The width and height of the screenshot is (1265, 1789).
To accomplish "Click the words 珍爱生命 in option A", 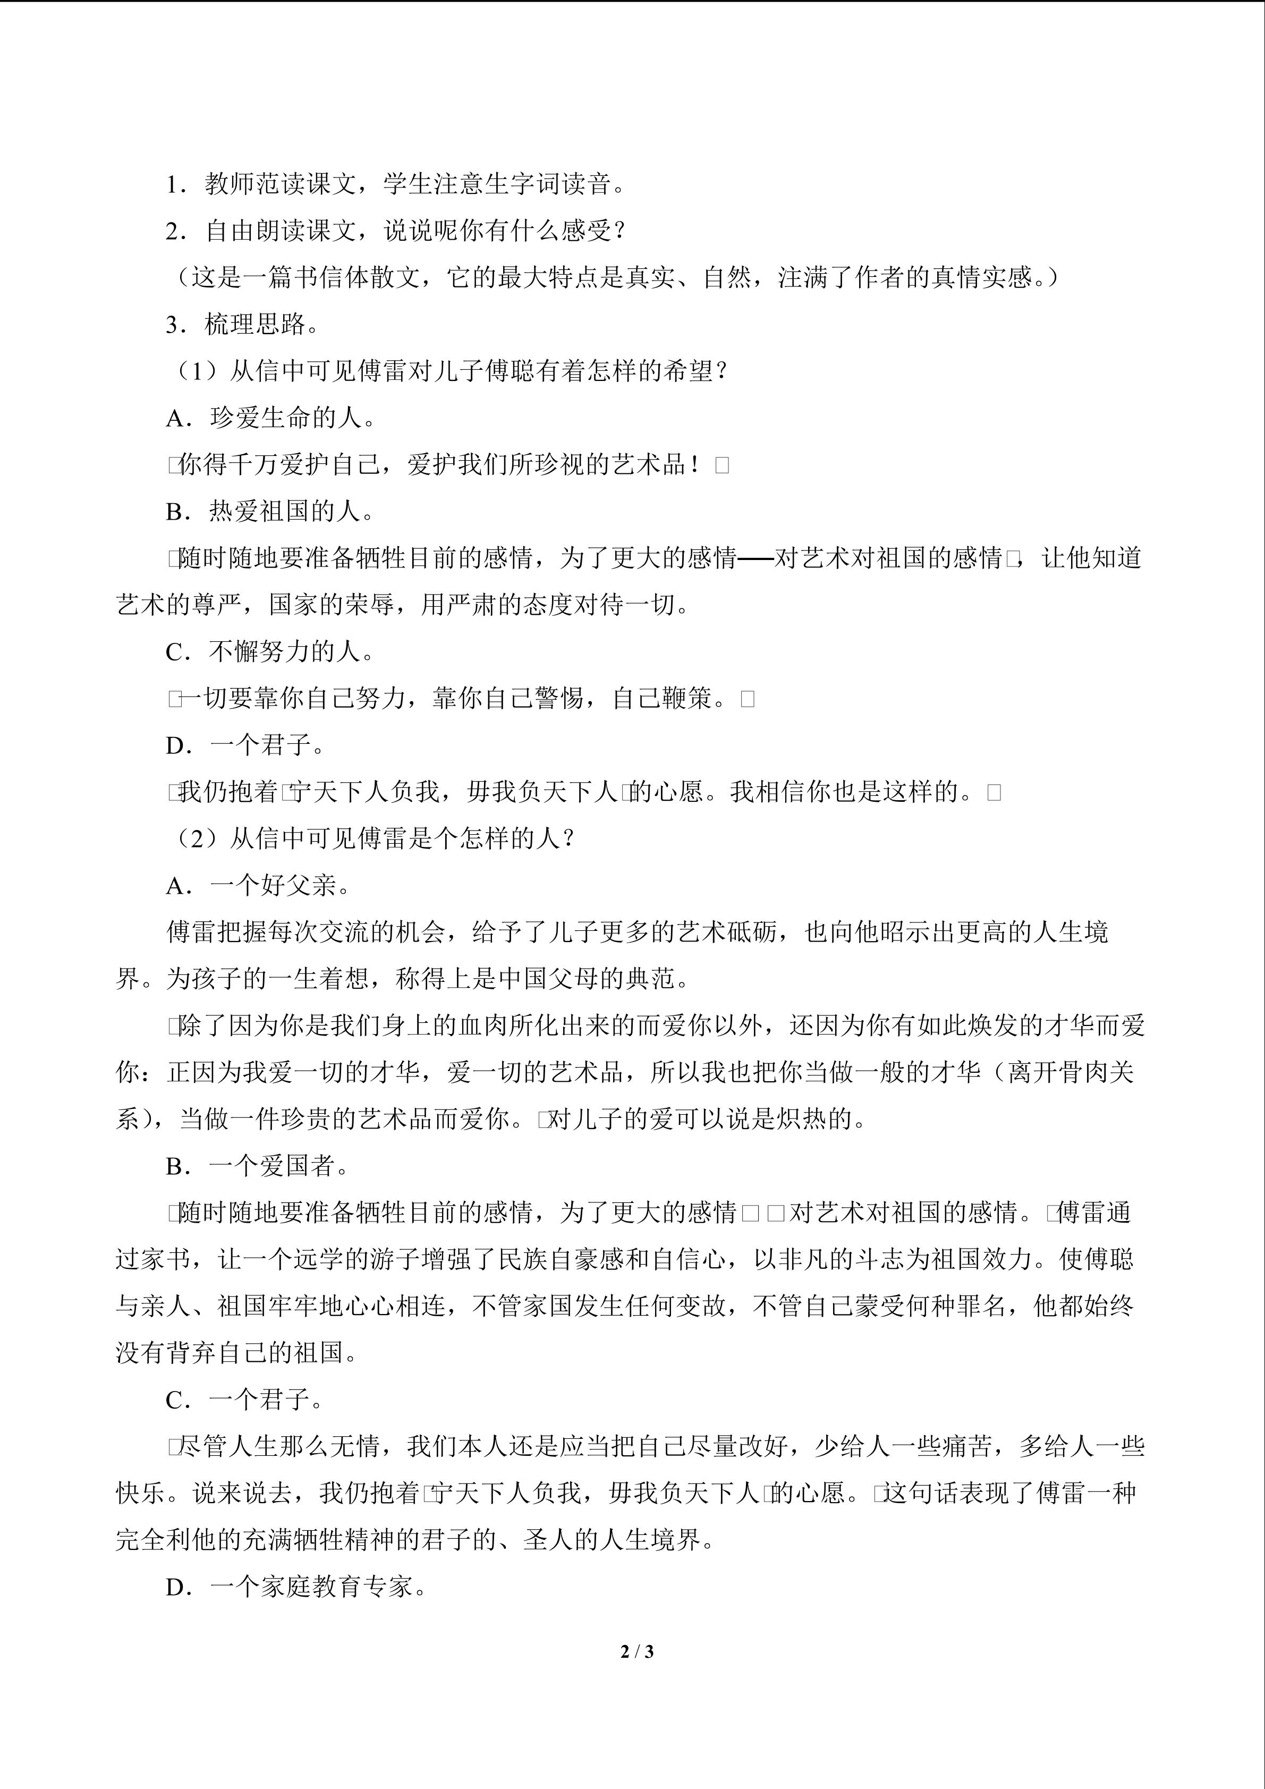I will coord(260,418).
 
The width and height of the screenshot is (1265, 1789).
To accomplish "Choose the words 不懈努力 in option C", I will coord(260,651).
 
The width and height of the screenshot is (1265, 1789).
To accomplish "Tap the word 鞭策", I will coord(687,698).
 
